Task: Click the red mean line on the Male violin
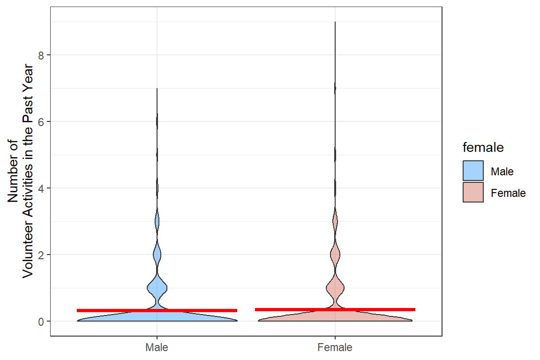(x=157, y=310)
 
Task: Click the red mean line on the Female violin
(x=335, y=309)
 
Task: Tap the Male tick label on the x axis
(x=157, y=348)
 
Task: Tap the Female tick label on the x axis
(x=335, y=348)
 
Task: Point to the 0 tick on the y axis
(x=41, y=322)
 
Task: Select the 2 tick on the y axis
(x=41, y=255)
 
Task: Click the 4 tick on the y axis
(x=41, y=188)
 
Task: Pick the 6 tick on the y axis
(x=41, y=122)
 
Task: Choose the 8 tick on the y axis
(x=41, y=55)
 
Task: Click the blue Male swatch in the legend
(x=473, y=171)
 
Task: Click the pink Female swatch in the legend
(x=473, y=193)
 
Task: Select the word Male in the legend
(x=502, y=172)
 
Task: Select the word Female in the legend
(x=508, y=193)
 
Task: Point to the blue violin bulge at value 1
(x=157, y=287)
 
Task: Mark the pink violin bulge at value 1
(x=335, y=287)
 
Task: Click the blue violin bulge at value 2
(x=157, y=255)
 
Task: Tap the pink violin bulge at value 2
(x=335, y=255)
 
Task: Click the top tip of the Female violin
(x=335, y=22)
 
